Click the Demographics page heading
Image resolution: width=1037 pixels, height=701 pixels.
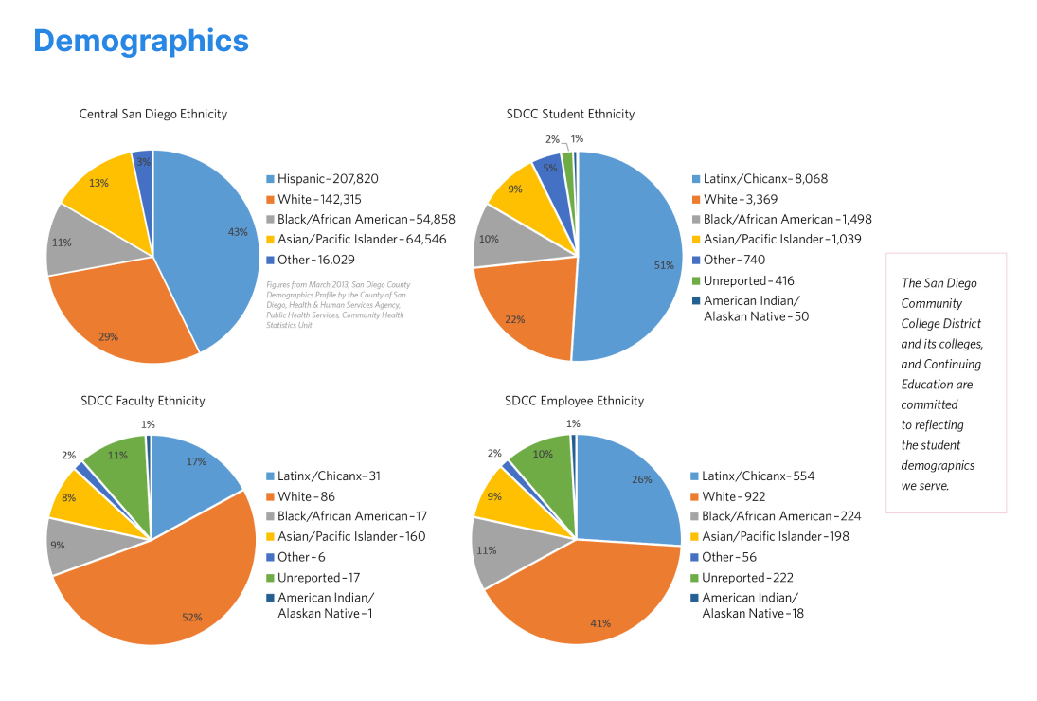point(140,41)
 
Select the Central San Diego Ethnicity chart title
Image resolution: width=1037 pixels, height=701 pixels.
point(152,114)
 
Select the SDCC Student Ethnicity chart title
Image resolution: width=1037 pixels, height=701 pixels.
point(570,114)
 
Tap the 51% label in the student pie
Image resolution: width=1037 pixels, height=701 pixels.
point(664,266)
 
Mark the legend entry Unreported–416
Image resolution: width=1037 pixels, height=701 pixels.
point(748,280)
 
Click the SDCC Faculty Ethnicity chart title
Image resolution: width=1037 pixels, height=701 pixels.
point(143,401)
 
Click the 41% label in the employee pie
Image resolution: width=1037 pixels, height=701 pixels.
point(600,623)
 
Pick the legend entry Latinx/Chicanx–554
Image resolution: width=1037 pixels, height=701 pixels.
point(758,476)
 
